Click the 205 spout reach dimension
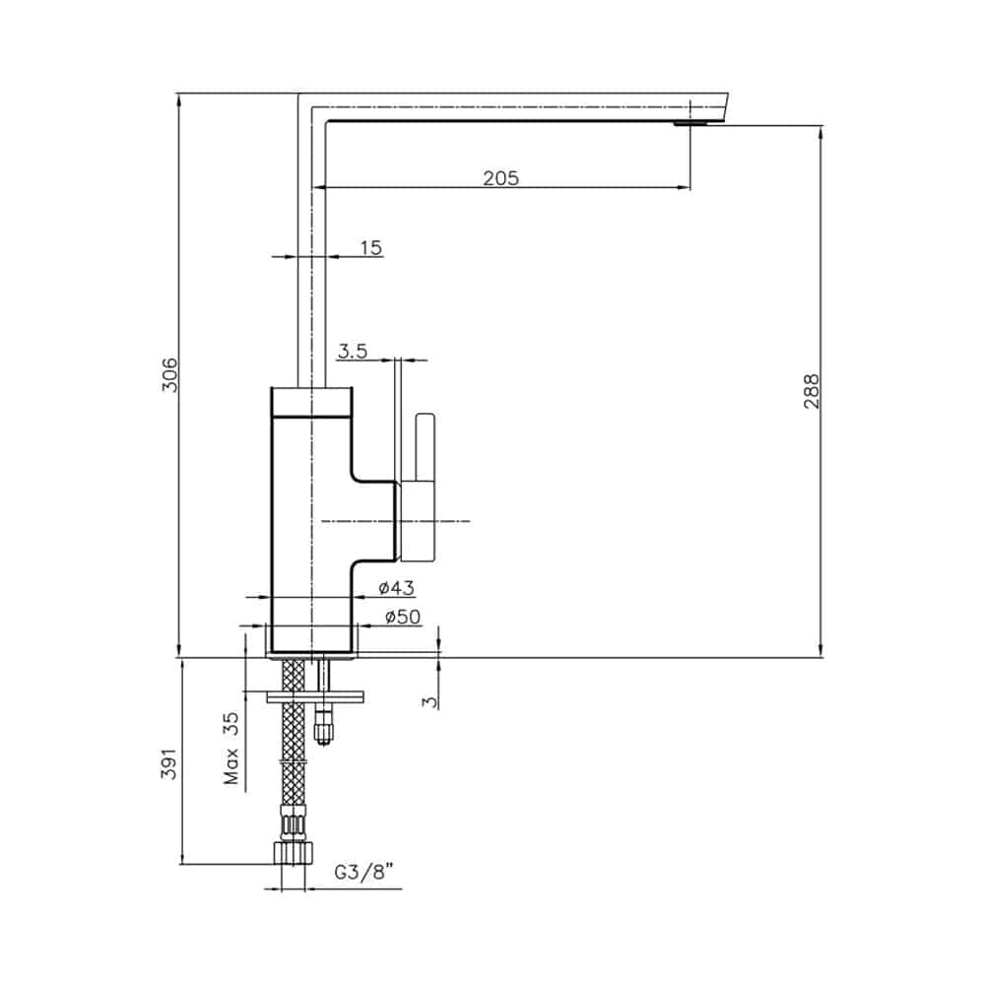click(500, 178)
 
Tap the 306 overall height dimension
click(170, 375)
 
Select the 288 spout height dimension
click(812, 391)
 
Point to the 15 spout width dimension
click(370, 247)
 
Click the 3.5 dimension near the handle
click(353, 352)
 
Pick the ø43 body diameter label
click(397, 589)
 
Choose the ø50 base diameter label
click(403, 617)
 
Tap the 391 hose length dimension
click(170, 763)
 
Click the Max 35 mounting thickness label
click(231, 749)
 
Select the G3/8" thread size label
click(363, 873)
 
